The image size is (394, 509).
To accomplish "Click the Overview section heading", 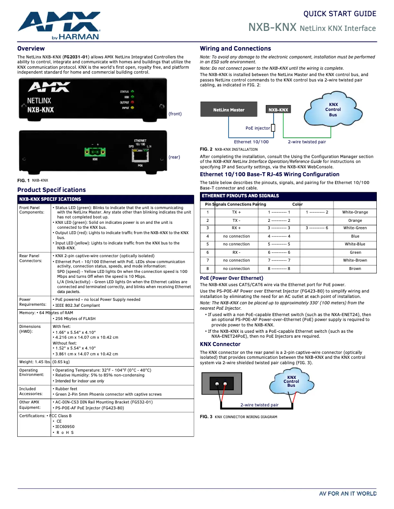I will click(x=31, y=49).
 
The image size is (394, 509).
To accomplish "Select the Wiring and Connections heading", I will click(x=235, y=49).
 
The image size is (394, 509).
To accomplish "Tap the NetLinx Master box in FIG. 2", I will click(x=228, y=110).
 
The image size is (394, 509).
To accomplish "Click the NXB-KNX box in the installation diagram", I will click(x=278, y=110).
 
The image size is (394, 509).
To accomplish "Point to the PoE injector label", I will click(x=257, y=128).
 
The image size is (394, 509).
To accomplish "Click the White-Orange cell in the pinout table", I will click(x=355, y=213).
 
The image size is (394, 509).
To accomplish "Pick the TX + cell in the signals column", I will click(x=236, y=213).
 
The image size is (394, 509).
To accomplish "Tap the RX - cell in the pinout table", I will click(x=236, y=253).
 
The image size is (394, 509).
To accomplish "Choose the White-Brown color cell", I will click(x=355, y=261).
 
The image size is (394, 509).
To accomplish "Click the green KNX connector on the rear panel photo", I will click(x=95, y=152).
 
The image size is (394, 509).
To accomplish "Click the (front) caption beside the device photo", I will click(x=175, y=114).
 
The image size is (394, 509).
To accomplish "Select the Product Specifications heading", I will click(x=52, y=190).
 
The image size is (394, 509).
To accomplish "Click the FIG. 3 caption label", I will click(x=206, y=417).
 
